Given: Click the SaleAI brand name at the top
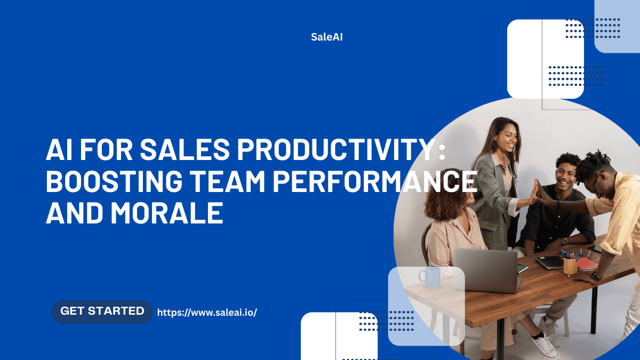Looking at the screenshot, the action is point(326,37).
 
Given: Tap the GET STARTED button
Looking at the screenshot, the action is point(102,311).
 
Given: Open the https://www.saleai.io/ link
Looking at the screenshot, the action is point(207,313).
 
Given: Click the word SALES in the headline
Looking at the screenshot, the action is point(185,149).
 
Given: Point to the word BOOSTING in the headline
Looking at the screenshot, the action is point(114,181).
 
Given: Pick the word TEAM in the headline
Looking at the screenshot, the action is point(228,181).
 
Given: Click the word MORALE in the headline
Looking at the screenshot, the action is point(167,213).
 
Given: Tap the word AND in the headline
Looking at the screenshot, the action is point(74,213).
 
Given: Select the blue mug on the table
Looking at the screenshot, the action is point(430,277).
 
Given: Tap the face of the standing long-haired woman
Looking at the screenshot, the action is point(509,138).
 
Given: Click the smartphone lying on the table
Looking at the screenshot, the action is point(595,249).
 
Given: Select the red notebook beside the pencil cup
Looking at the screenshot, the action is point(587,264).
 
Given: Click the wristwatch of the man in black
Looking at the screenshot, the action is point(564,242).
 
